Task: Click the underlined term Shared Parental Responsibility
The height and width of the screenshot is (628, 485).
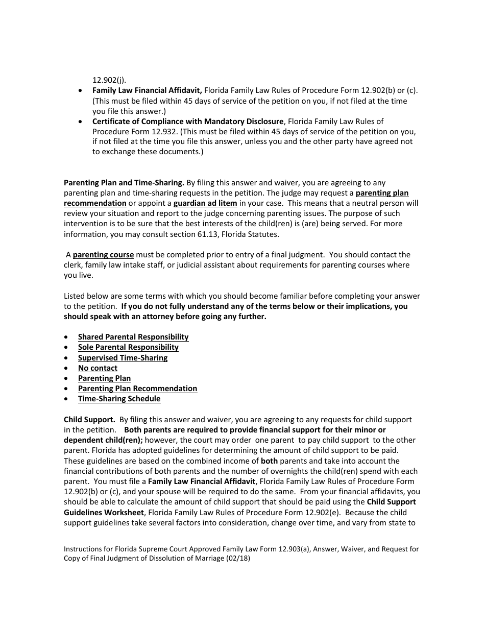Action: (133, 337)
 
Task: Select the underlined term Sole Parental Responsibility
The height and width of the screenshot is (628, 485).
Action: (128, 347)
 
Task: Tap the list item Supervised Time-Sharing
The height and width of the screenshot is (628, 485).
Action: (123, 358)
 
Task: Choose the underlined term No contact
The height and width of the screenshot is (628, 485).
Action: (98, 368)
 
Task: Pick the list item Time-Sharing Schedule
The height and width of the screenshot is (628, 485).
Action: (119, 399)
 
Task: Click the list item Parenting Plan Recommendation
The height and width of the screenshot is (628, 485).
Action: (137, 389)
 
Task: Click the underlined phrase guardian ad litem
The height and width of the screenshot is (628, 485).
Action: (205, 203)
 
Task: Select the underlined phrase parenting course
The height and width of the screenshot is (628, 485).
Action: (103, 255)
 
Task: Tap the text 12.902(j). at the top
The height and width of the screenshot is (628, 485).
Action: (109, 80)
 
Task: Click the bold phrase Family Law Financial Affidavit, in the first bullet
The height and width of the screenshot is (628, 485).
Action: (147, 90)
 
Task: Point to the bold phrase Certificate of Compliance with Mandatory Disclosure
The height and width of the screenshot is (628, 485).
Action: (187, 122)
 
